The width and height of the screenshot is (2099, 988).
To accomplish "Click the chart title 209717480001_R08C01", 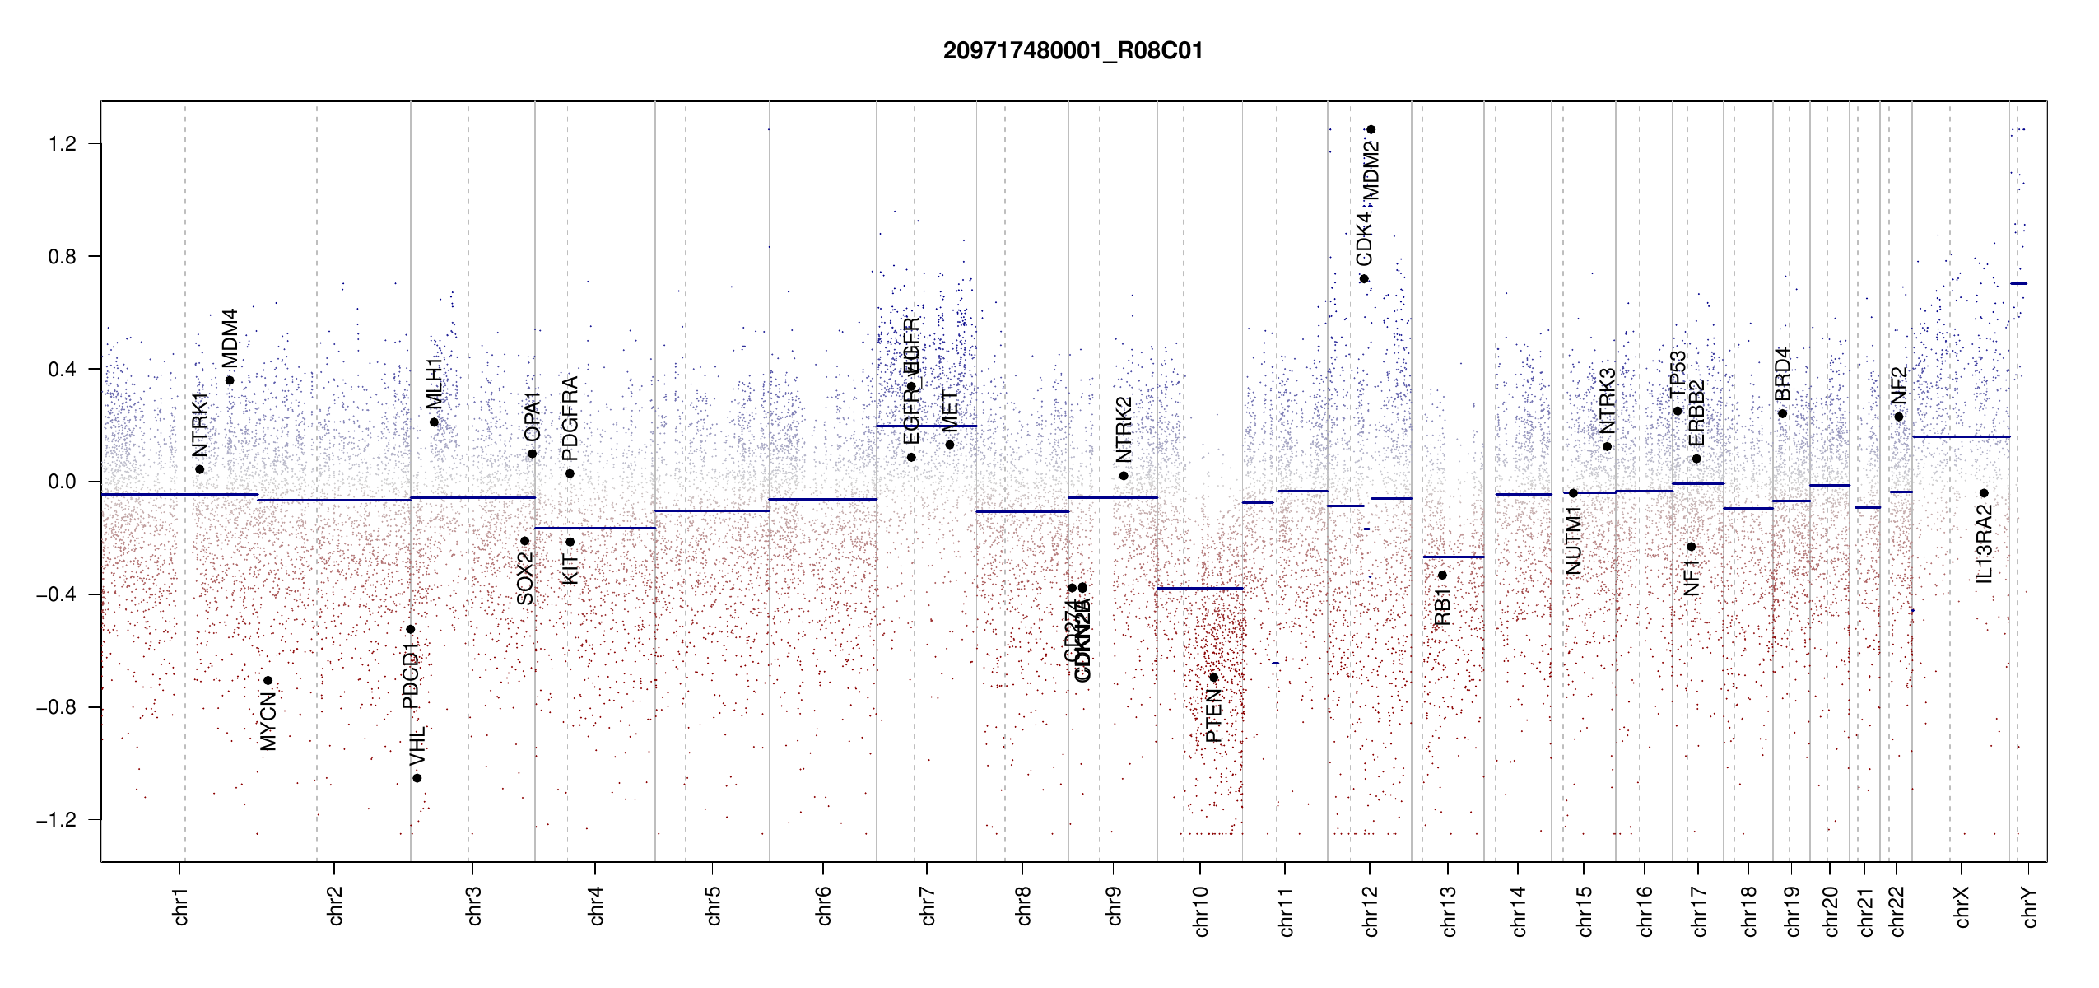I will pos(1073,51).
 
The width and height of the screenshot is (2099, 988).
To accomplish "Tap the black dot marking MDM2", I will pos(1371,129).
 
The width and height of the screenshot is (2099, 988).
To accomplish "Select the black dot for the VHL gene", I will pos(417,778).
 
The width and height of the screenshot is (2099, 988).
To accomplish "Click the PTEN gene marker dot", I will pos(1213,678).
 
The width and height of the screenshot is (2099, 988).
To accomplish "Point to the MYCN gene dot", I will pos(268,681).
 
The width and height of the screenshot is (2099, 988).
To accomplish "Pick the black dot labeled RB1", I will pos(1442,576).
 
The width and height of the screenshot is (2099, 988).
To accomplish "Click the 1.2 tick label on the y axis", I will pos(62,144).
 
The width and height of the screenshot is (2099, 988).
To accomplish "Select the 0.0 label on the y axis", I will pos(62,482).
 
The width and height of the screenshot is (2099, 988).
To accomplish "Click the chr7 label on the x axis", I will pos(928,906).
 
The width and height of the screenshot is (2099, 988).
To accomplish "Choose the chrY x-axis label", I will pos(2030,906).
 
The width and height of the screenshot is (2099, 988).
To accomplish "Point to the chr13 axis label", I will pos(1449,911).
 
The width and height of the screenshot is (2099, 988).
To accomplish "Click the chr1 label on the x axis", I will pos(181,906).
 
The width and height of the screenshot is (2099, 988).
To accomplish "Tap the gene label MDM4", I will pos(230,338).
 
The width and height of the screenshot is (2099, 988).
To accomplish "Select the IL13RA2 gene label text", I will pos(1984,543).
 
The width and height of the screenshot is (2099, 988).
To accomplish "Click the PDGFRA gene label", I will pos(570,418).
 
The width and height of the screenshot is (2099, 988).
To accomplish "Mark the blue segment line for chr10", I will pos(1199,588).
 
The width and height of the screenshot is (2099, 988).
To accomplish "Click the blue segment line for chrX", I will pos(1960,436).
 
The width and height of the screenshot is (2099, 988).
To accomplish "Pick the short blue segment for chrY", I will pos(2018,283).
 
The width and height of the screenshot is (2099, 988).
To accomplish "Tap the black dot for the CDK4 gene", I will pos(1364,279).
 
